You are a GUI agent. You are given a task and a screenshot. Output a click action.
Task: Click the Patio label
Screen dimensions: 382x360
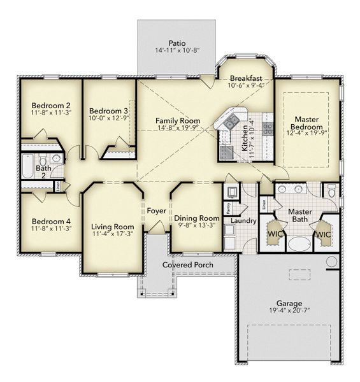click(x=168, y=43)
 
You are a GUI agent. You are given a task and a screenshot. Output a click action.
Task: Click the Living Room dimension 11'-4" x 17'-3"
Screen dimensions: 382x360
click(x=112, y=234)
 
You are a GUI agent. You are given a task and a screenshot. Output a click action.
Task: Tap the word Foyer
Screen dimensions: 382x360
click(x=157, y=211)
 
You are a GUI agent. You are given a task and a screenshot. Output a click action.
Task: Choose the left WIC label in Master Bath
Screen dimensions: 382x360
click(x=274, y=234)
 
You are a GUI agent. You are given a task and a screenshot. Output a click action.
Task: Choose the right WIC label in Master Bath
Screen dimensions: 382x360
click(x=323, y=234)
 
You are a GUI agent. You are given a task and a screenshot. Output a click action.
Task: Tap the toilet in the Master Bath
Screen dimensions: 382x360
click(x=331, y=190)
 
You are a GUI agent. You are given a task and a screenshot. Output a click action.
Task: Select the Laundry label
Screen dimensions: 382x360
click(x=243, y=221)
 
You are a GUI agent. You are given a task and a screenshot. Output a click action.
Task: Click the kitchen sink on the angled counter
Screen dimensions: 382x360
click(x=229, y=120)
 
